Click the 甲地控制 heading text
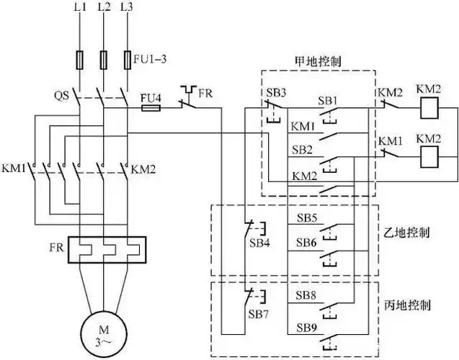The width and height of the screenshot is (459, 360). pos(318,61)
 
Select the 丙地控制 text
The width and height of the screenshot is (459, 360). pos(409,305)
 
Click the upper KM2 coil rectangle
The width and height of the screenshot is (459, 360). pos(429,109)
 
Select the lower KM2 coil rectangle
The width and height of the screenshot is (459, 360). pos(429,153)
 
